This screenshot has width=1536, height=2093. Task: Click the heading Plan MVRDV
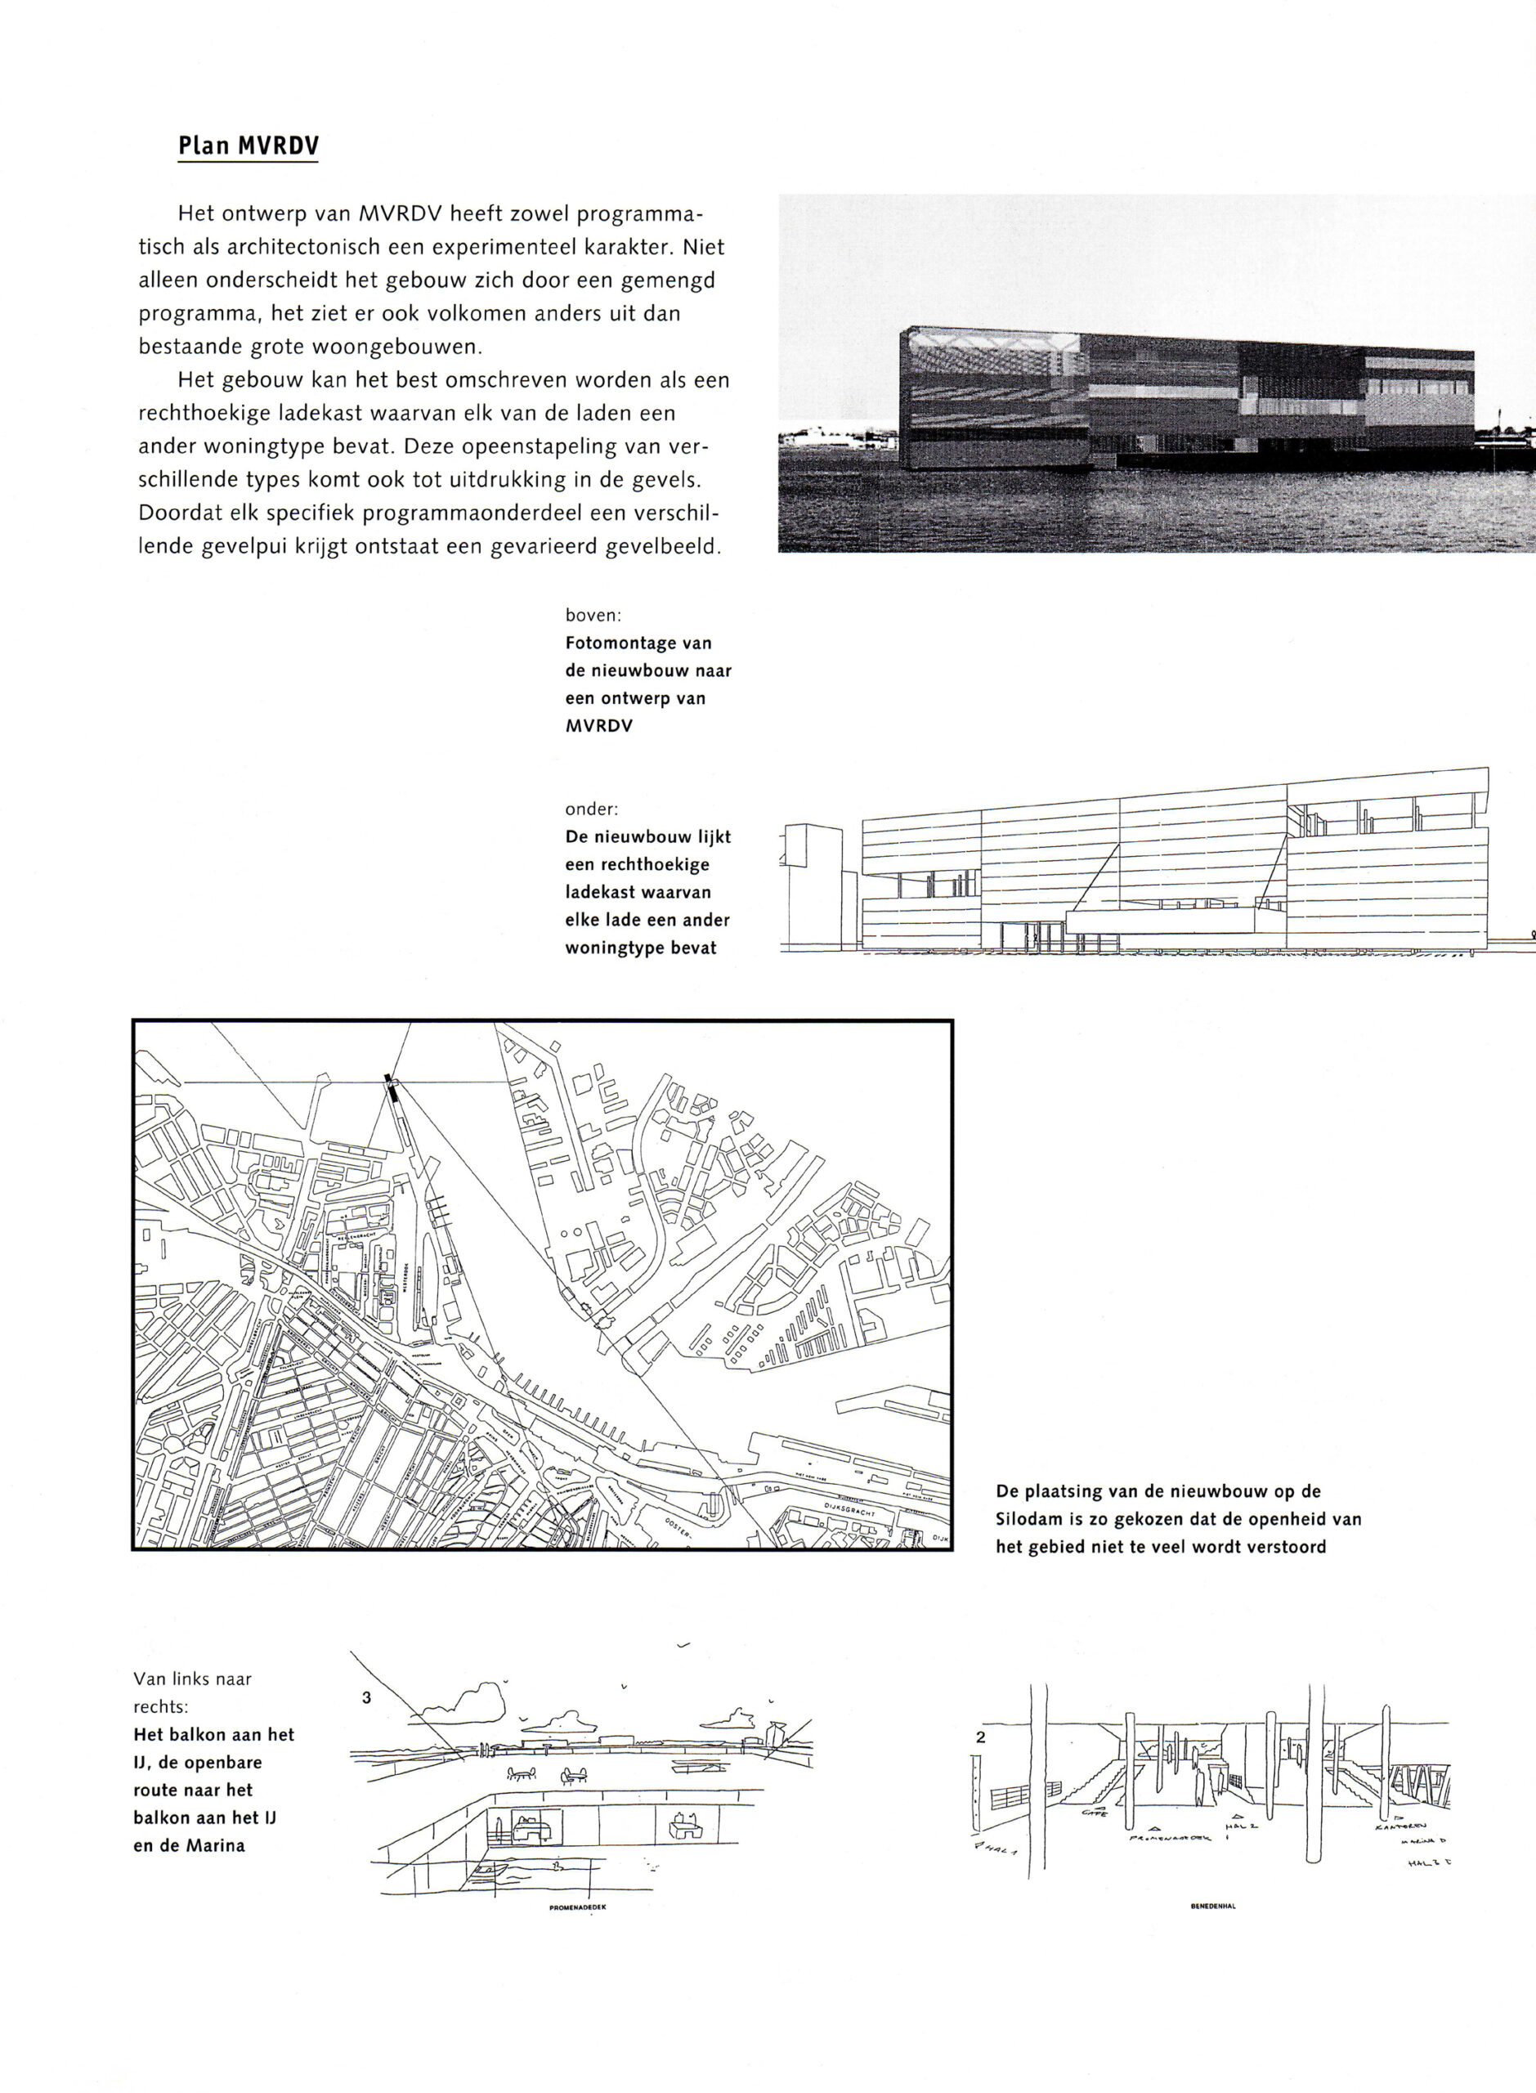pos(249,146)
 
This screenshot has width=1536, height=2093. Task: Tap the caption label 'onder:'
pos(591,809)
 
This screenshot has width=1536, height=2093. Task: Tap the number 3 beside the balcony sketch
pos(366,1697)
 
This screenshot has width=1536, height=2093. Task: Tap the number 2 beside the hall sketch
pos(981,1736)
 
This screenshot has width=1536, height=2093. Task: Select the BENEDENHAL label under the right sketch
pos(1212,1905)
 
